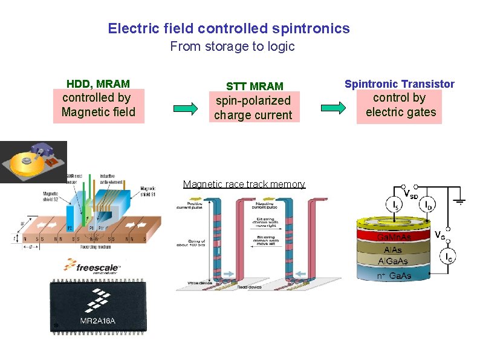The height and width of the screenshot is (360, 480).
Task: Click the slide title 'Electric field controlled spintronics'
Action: click(229, 28)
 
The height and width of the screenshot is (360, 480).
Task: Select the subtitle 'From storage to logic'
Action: click(232, 47)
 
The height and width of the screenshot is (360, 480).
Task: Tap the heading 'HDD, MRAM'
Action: click(98, 83)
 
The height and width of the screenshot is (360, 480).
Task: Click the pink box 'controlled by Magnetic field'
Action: click(99, 105)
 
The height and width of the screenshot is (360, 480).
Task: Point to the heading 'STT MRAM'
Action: click(255, 87)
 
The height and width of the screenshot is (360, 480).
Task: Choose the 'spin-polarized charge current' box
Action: click(253, 108)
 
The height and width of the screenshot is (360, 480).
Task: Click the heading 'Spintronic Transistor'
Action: click(399, 84)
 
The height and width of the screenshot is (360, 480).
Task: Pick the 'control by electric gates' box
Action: click(400, 105)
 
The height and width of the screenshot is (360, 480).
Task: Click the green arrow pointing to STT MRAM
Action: click(186, 108)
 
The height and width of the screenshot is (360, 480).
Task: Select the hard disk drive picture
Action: click(33, 162)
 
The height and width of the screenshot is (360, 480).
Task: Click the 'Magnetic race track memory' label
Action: click(244, 184)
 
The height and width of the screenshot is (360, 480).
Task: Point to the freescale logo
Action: click(91, 266)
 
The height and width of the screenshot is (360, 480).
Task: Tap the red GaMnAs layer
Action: click(394, 235)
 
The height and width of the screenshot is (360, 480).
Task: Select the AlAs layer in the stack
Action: click(394, 249)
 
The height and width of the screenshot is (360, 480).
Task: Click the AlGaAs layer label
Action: click(394, 261)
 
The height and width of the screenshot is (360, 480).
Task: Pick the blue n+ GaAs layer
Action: click(394, 275)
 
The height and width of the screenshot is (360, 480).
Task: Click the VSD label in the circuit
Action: click(410, 195)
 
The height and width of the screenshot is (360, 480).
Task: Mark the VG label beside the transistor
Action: click(441, 234)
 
